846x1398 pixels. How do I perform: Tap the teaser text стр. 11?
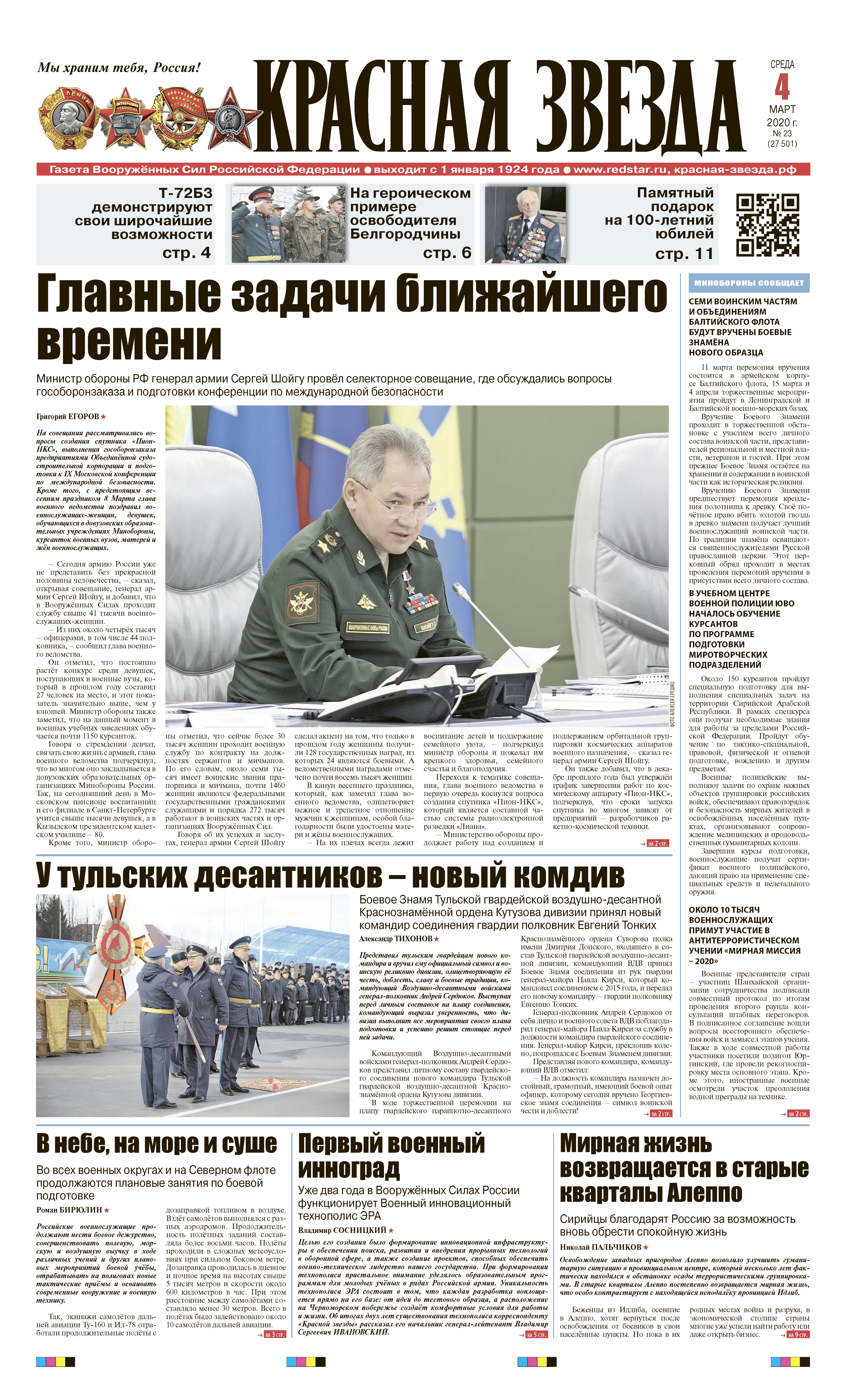[684, 254]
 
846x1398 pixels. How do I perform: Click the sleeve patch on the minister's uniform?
[302, 604]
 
